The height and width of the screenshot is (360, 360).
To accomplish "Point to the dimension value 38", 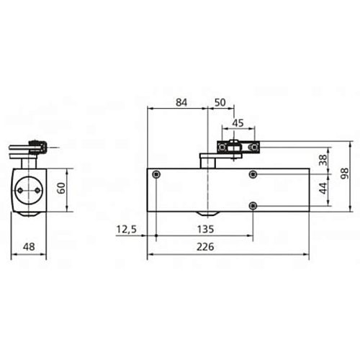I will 323,161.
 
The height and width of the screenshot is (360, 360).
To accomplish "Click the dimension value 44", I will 323,190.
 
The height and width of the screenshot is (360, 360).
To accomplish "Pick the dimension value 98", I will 345,174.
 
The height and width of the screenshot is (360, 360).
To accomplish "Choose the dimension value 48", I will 30,247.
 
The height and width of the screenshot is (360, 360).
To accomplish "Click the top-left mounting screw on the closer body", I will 157,175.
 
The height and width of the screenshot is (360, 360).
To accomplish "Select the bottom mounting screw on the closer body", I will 253,206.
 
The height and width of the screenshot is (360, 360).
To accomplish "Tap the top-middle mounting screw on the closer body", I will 253,175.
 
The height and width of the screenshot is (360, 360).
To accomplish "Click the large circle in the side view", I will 30,189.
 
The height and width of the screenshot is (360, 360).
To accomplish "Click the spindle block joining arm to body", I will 209,161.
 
